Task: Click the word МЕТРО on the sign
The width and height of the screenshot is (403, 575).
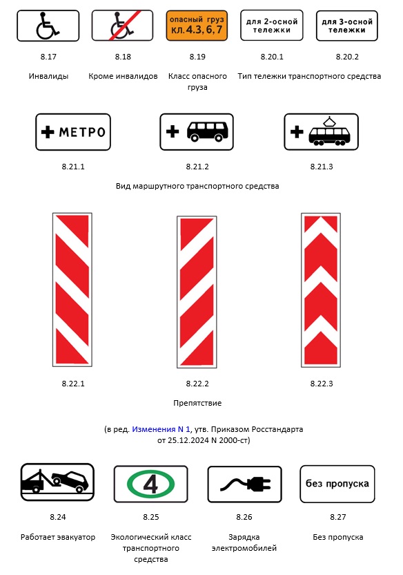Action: (81, 132)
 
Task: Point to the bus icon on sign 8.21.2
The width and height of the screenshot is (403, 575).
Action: (208, 132)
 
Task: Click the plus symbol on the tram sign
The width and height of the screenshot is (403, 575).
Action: (296, 132)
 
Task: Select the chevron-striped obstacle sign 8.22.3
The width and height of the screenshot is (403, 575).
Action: (321, 290)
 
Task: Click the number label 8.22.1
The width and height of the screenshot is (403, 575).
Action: (72, 384)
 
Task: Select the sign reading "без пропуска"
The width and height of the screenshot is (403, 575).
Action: (337, 484)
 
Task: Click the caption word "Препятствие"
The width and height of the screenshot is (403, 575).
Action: (197, 403)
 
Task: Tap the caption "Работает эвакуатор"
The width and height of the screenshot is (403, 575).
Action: (59, 537)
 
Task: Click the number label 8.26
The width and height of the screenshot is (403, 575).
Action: (244, 518)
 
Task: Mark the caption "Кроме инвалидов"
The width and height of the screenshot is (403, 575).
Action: (123, 76)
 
